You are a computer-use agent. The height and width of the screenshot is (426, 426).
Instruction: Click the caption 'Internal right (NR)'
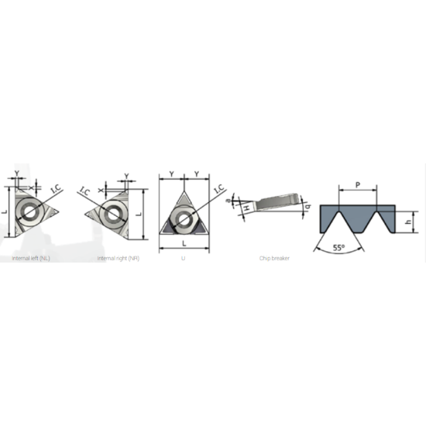[x=118, y=257]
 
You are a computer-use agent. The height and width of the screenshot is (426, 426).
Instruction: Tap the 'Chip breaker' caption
[x=274, y=257]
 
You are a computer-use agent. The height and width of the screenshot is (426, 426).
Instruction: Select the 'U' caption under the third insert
[x=183, y=257]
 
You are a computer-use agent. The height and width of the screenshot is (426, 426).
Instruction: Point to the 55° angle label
[x=338, y=248]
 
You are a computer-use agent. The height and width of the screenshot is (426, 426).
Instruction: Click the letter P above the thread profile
[x=356, y=184]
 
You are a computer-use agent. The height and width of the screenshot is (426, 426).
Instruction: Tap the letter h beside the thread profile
[x=407, y=222]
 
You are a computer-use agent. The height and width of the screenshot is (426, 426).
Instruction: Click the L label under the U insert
[x=184, y=245]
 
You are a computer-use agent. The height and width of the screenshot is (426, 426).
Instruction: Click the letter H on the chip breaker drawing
[x=246, y=208]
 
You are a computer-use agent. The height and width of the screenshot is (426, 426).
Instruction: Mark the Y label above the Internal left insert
[x=15, y=174]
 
